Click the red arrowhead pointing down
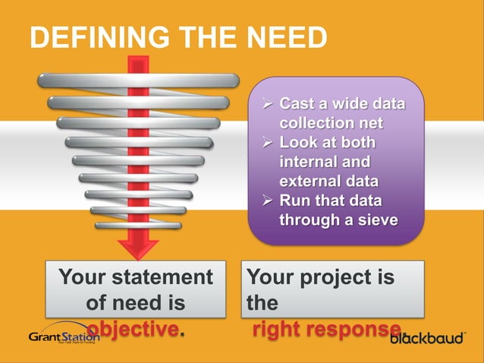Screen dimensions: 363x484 [138, 247]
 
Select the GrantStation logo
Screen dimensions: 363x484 [64, 336]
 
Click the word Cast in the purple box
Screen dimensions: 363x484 [297, 103]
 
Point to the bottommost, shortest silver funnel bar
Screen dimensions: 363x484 [138, 225]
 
